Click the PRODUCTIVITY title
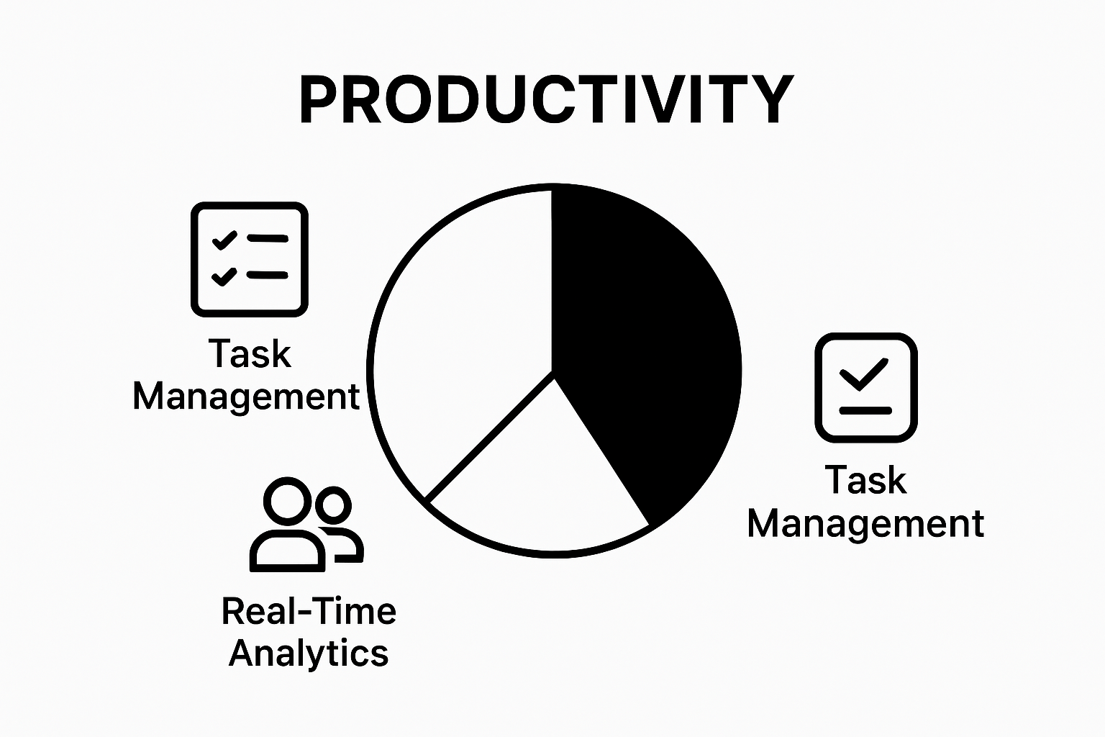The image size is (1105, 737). point(547,100)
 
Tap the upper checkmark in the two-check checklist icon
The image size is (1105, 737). point(224,240)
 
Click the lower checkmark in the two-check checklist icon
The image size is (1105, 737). point(224,275)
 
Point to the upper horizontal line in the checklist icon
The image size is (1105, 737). point(267,238)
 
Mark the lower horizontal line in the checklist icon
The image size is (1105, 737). point(267,275)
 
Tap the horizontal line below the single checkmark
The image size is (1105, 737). point(865,411)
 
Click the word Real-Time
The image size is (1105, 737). point(309,612)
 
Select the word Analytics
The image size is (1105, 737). point(309,654)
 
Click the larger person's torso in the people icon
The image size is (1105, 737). point(287,551)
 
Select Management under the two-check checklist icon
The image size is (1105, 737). point(246,397)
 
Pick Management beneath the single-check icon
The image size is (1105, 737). point(865,523)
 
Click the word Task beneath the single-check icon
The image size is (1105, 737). point(865,480)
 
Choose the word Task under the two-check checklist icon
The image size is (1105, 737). point(250,354)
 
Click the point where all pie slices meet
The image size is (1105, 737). point(552,372)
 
